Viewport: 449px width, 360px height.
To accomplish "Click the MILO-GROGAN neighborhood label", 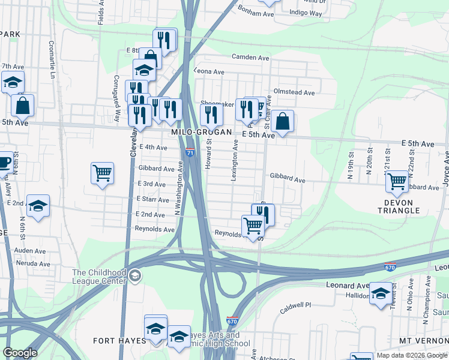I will (194, 131).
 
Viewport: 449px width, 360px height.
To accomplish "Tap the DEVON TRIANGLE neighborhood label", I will (398, 206).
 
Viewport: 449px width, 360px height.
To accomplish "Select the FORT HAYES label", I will (120, 341).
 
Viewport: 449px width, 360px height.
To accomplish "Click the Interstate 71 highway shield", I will (190, 153).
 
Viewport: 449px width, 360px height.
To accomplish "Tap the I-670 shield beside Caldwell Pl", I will (233, 322).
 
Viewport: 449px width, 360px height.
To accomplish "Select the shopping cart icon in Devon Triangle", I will (397, 181).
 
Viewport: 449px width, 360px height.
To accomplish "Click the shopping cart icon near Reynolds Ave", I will (253, 226).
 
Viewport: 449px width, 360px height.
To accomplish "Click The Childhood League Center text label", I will (99, 277).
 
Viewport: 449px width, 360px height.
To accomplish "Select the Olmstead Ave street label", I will (294, 93).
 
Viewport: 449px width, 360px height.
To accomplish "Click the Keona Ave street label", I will (209, 72).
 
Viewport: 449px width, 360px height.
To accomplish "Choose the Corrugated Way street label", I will (116, 100).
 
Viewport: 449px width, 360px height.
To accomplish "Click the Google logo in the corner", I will (20, 353).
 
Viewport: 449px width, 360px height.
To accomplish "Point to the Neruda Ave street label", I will (32, 264).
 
